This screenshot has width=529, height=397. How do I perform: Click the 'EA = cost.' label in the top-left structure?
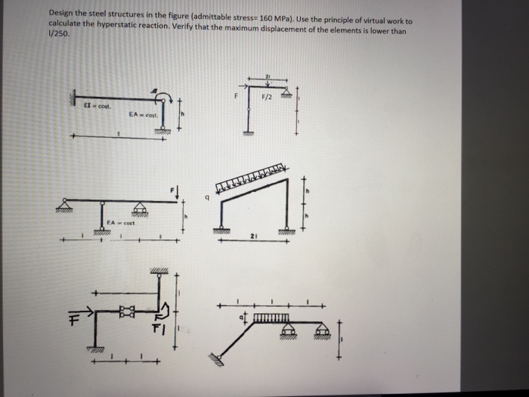pyautogui.click(x=141, y=114)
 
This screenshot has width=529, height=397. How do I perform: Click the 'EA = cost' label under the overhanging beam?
pyautogui.click(x=121, y=222)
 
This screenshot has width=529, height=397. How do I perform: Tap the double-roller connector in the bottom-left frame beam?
pyautogui.click(x=125, y=309)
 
